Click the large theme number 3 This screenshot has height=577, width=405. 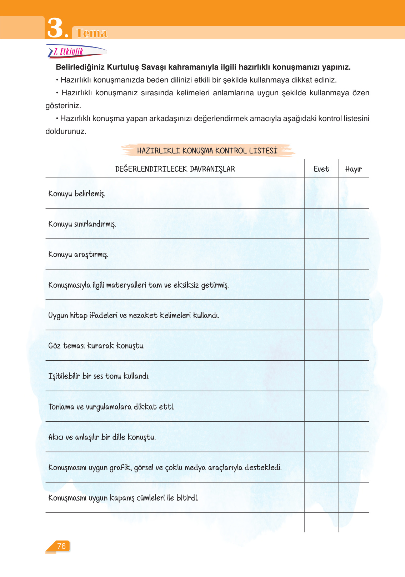coord(55,28)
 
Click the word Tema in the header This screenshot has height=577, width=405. coord(92,33)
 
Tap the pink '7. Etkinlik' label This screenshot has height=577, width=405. coord(69,52)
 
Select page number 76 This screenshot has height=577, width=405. coord(61,546)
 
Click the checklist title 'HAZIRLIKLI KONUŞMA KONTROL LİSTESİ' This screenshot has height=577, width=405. coord(207,151)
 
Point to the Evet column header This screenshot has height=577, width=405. coord(321,169)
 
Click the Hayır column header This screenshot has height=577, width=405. coord(353,169)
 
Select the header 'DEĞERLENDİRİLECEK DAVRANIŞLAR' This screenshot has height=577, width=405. coord(175,169)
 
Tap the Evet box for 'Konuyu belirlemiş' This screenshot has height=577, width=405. coord(321,194)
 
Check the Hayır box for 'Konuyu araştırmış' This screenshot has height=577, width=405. coord(353,254)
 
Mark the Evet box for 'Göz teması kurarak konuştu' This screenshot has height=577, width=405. coord(321,346)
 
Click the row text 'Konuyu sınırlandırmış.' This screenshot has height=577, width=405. coord(82,224)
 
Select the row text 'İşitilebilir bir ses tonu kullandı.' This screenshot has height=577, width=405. coord(99,376)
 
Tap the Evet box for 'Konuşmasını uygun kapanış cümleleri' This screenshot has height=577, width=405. coord(321,498)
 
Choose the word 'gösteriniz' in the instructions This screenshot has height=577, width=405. coord(63,106)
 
